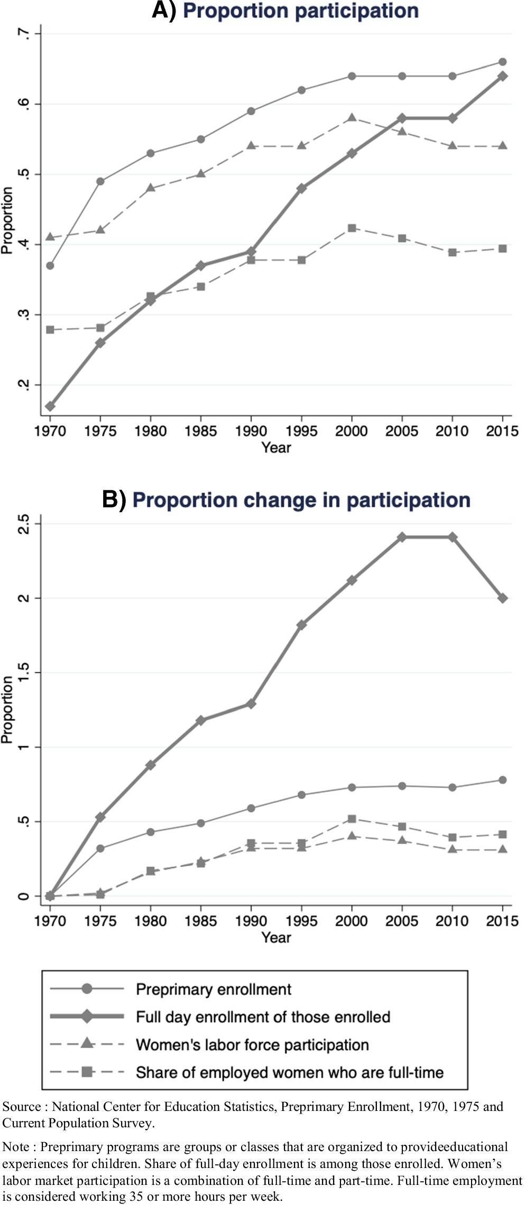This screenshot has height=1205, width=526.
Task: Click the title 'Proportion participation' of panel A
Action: point(300,11)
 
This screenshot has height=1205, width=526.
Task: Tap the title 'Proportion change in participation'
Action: point(301,500)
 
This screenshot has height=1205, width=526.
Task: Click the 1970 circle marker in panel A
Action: point(50,265)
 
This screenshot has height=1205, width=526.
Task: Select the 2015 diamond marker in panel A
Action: point(503,76)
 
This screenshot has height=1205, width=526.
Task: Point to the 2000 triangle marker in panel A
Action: point(352,117)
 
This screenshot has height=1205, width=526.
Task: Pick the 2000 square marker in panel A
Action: point(352,228)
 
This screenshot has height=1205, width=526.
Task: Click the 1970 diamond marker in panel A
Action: point(50,406)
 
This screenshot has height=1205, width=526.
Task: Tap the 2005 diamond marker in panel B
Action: point(402,537)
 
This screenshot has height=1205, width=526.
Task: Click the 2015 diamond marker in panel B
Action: point(503,598)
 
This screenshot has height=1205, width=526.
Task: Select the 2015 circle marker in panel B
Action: point(503,780)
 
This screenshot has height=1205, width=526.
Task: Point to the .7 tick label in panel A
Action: point(22,34)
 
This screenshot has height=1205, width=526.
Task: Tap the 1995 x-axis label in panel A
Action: point(301,431)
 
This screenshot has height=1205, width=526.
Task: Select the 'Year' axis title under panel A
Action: point(276,448)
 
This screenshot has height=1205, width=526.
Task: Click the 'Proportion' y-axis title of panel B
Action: point(7,709)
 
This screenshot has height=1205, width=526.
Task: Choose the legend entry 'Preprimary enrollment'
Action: point(214,989)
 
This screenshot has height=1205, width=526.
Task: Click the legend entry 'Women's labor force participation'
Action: point(252,1045)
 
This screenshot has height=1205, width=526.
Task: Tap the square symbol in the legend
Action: point(88,1072)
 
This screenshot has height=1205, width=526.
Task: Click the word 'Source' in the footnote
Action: point(22,1107)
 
